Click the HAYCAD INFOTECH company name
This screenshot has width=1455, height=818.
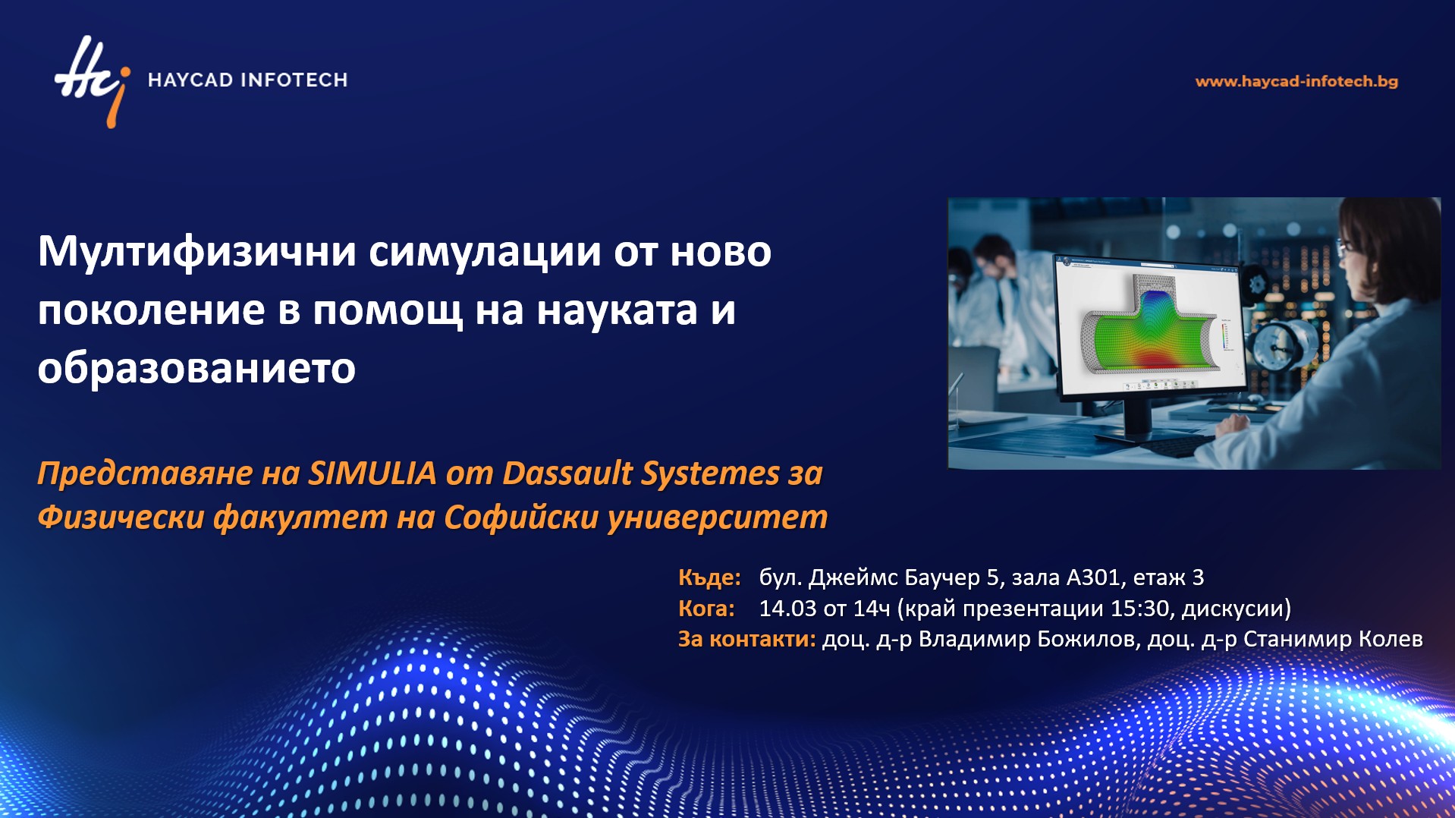[247, 80]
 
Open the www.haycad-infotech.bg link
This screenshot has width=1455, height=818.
[1296, 81]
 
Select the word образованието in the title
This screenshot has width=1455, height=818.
[196, 368]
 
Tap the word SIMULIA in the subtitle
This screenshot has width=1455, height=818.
[372, 473]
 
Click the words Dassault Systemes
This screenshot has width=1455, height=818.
[641, 473]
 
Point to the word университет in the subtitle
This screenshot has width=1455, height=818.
[718, 518]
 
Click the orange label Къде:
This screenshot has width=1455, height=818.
[709, 577]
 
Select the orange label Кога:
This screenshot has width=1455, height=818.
[706, 609]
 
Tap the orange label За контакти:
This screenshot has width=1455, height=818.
[747, 639]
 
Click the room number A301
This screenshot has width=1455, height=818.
[1093, 577]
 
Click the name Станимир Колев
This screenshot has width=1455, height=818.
[1333, 639]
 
